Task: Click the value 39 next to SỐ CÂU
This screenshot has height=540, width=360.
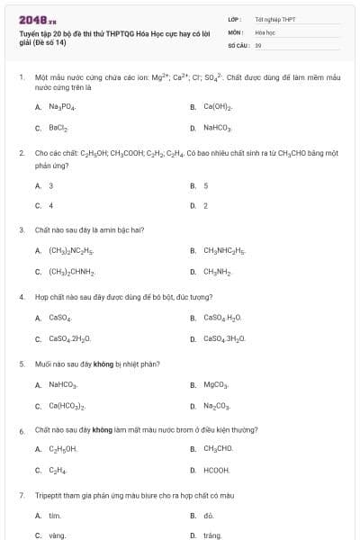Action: [x=258, y=44]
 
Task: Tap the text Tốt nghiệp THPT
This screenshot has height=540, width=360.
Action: [x=274, y=19]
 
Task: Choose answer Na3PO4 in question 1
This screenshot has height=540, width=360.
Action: [x=62, y=107]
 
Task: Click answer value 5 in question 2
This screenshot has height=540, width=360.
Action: [x=206, y=185]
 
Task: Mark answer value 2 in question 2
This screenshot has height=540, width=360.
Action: [x=206, y=206]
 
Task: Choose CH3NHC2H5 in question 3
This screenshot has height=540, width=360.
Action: [x=224, y=250]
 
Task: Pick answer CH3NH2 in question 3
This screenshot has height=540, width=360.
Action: [x=218, y=271]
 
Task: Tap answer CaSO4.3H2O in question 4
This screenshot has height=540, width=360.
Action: [x=224, y=338]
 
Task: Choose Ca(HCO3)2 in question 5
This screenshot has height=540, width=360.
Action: [x=67, y=406]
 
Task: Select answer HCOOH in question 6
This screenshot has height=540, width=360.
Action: [x=216, y=471]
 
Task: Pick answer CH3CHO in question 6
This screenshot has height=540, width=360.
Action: [x=218, y=448]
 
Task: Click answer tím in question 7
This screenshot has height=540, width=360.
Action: [x=54, y=516]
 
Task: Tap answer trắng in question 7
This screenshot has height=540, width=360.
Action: [x=212, y=535]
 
